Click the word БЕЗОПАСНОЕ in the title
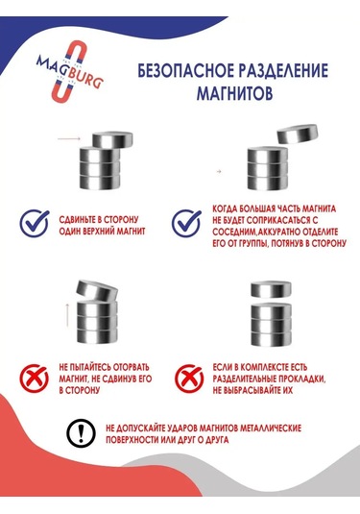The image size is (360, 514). point(185,71)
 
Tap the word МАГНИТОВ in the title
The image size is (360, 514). point(234,94)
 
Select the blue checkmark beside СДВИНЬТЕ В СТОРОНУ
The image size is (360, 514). point(34,223)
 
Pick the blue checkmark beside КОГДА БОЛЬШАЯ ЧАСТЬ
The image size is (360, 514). point(186,223)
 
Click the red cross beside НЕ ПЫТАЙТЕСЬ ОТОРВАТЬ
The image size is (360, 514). point(34,379)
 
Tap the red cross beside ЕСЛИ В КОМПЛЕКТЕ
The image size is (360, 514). point(189,379)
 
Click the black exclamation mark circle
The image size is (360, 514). point(82,432)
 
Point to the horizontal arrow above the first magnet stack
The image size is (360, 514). point(69,139)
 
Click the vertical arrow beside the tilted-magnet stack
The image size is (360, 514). point(67,315)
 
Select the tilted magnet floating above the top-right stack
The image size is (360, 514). point(298,134)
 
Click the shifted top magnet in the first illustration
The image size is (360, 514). point(112,139)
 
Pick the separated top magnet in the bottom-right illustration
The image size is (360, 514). point(272,289)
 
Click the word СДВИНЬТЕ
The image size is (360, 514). point(75,219)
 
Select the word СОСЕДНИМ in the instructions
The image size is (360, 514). point(233,232)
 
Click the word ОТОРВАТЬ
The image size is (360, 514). point(131,367)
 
